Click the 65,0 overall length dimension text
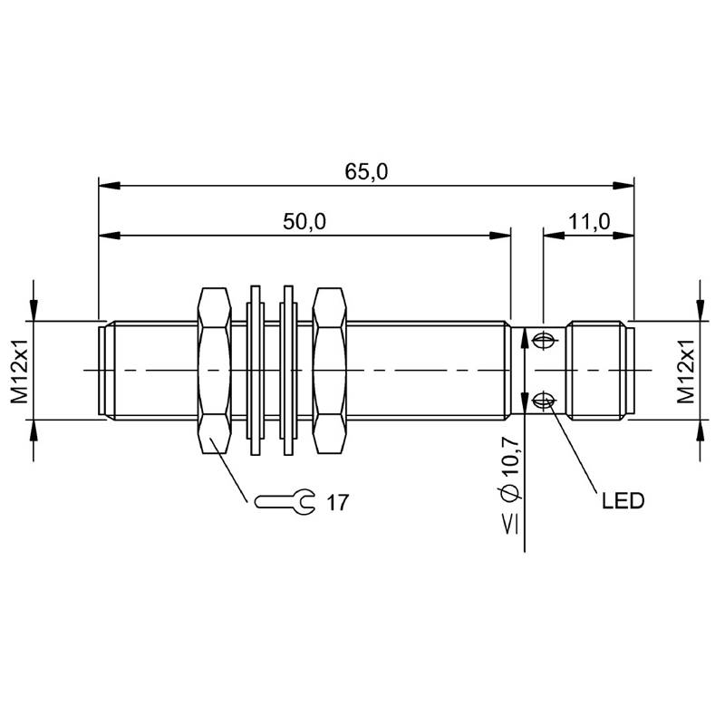(x=366, y=171)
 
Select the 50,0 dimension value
(x=304, y=221)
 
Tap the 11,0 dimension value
(x=588, y=221)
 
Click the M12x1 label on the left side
(x=20, y=371)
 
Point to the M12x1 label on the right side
(x=686, y=371)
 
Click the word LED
(x=623, y=501)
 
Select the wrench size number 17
(x=337, y=503)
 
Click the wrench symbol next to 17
(x=285, y=501)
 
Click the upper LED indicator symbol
(x=545, y=342)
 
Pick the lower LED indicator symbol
(x=544, y=401)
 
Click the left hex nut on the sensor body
(x=214, y=371)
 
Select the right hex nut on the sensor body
(x=329, y=371)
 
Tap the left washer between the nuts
(x=256, y=371)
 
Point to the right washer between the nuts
(x=288, y=371)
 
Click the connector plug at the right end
(x=600, y=371)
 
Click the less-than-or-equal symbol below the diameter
(x=511, y=525)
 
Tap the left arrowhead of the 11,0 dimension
(x=554, y=236)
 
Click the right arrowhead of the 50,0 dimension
(x=500, y=236)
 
